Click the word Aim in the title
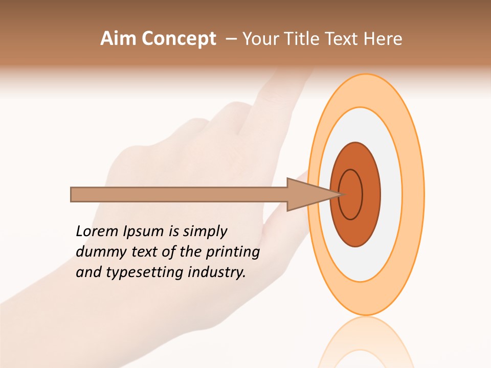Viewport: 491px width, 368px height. [118, 39]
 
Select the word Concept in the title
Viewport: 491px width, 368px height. [178, 39]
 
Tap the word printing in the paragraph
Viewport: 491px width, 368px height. [232, 252]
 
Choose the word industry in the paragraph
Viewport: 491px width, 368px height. [217, 272]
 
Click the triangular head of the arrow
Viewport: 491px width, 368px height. [307, 195]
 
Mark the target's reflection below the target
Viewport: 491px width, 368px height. [365, 342]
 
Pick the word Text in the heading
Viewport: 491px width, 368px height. [340, 39]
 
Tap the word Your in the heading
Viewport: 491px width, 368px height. [258, 39]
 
